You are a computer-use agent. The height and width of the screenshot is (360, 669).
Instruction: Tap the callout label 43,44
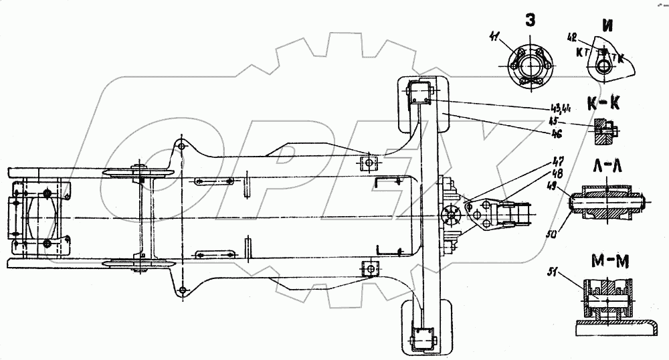(552, 110)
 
